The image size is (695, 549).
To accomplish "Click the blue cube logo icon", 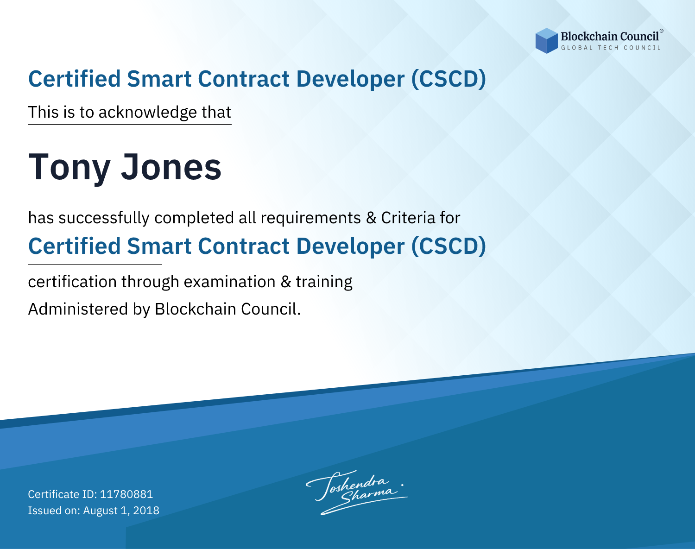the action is point(546,41).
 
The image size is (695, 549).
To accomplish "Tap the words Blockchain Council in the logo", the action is point(610,37).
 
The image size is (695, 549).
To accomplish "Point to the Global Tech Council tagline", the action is point(611,48).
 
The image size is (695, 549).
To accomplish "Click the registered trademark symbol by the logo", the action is point(661,31).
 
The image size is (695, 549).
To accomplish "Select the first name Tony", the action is point(69,168).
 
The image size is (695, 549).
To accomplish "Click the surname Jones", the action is point(171,167).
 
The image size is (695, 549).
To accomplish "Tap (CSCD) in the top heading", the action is point(449,79).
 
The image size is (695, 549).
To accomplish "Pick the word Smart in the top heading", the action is point(159,79).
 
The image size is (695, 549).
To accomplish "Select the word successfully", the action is point(104,218).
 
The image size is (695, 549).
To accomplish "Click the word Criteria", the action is point(408,218).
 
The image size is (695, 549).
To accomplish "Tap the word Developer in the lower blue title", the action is point(350,247).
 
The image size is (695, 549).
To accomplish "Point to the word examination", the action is point(230,282).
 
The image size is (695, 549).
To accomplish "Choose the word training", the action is point(324,282).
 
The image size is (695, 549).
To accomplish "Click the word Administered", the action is point(78,309).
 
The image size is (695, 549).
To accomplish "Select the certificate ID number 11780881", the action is point(126,494).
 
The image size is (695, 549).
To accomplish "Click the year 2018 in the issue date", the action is point(146,510).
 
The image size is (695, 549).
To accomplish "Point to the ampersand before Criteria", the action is point(371,218).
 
